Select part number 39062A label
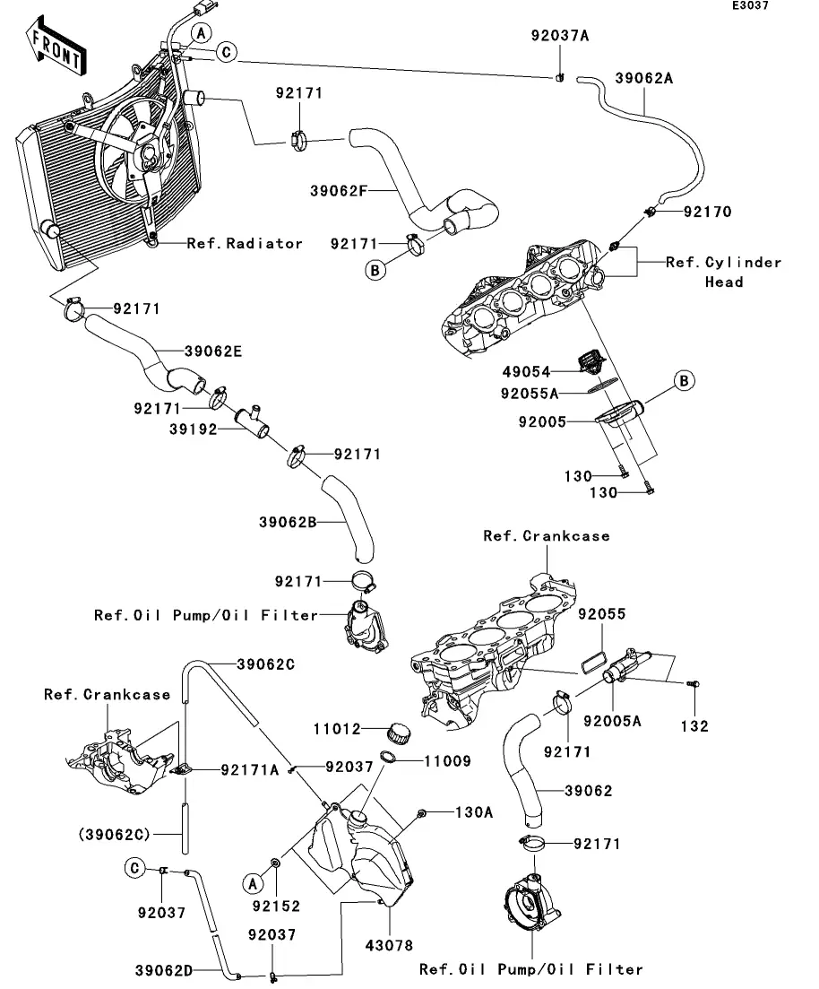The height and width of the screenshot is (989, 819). coord(643,78)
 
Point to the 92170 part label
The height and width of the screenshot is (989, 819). coord(732,213)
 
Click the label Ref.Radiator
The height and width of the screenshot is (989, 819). coord(245,243)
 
